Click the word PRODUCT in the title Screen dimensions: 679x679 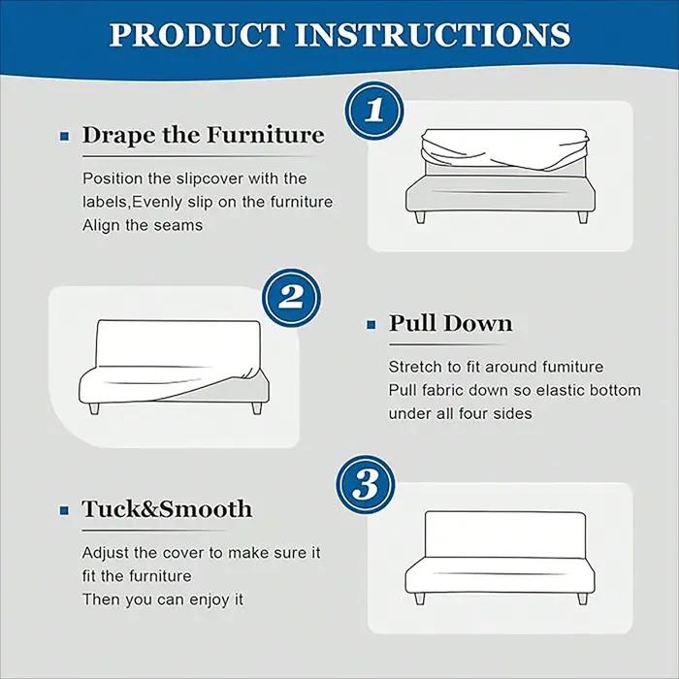point(197,35)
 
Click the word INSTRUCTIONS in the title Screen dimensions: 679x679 point(433,35)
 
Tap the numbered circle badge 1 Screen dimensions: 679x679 point(374,110)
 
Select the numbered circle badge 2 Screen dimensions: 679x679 point(291,298)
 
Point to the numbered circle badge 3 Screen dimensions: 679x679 point(366,484)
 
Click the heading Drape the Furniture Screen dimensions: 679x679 point(203,135)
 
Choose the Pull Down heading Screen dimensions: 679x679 point(450,323)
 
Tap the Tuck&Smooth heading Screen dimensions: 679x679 point(167,509)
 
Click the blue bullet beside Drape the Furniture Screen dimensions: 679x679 point(65,137)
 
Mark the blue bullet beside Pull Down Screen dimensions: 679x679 point(372,325)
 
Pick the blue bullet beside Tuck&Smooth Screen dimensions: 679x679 point(65,511)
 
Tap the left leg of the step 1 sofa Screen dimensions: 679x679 point(420,217)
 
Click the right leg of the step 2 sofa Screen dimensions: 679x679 point(257,408)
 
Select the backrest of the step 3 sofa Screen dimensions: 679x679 point(505,534)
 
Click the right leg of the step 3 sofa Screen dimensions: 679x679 point(583,598)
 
